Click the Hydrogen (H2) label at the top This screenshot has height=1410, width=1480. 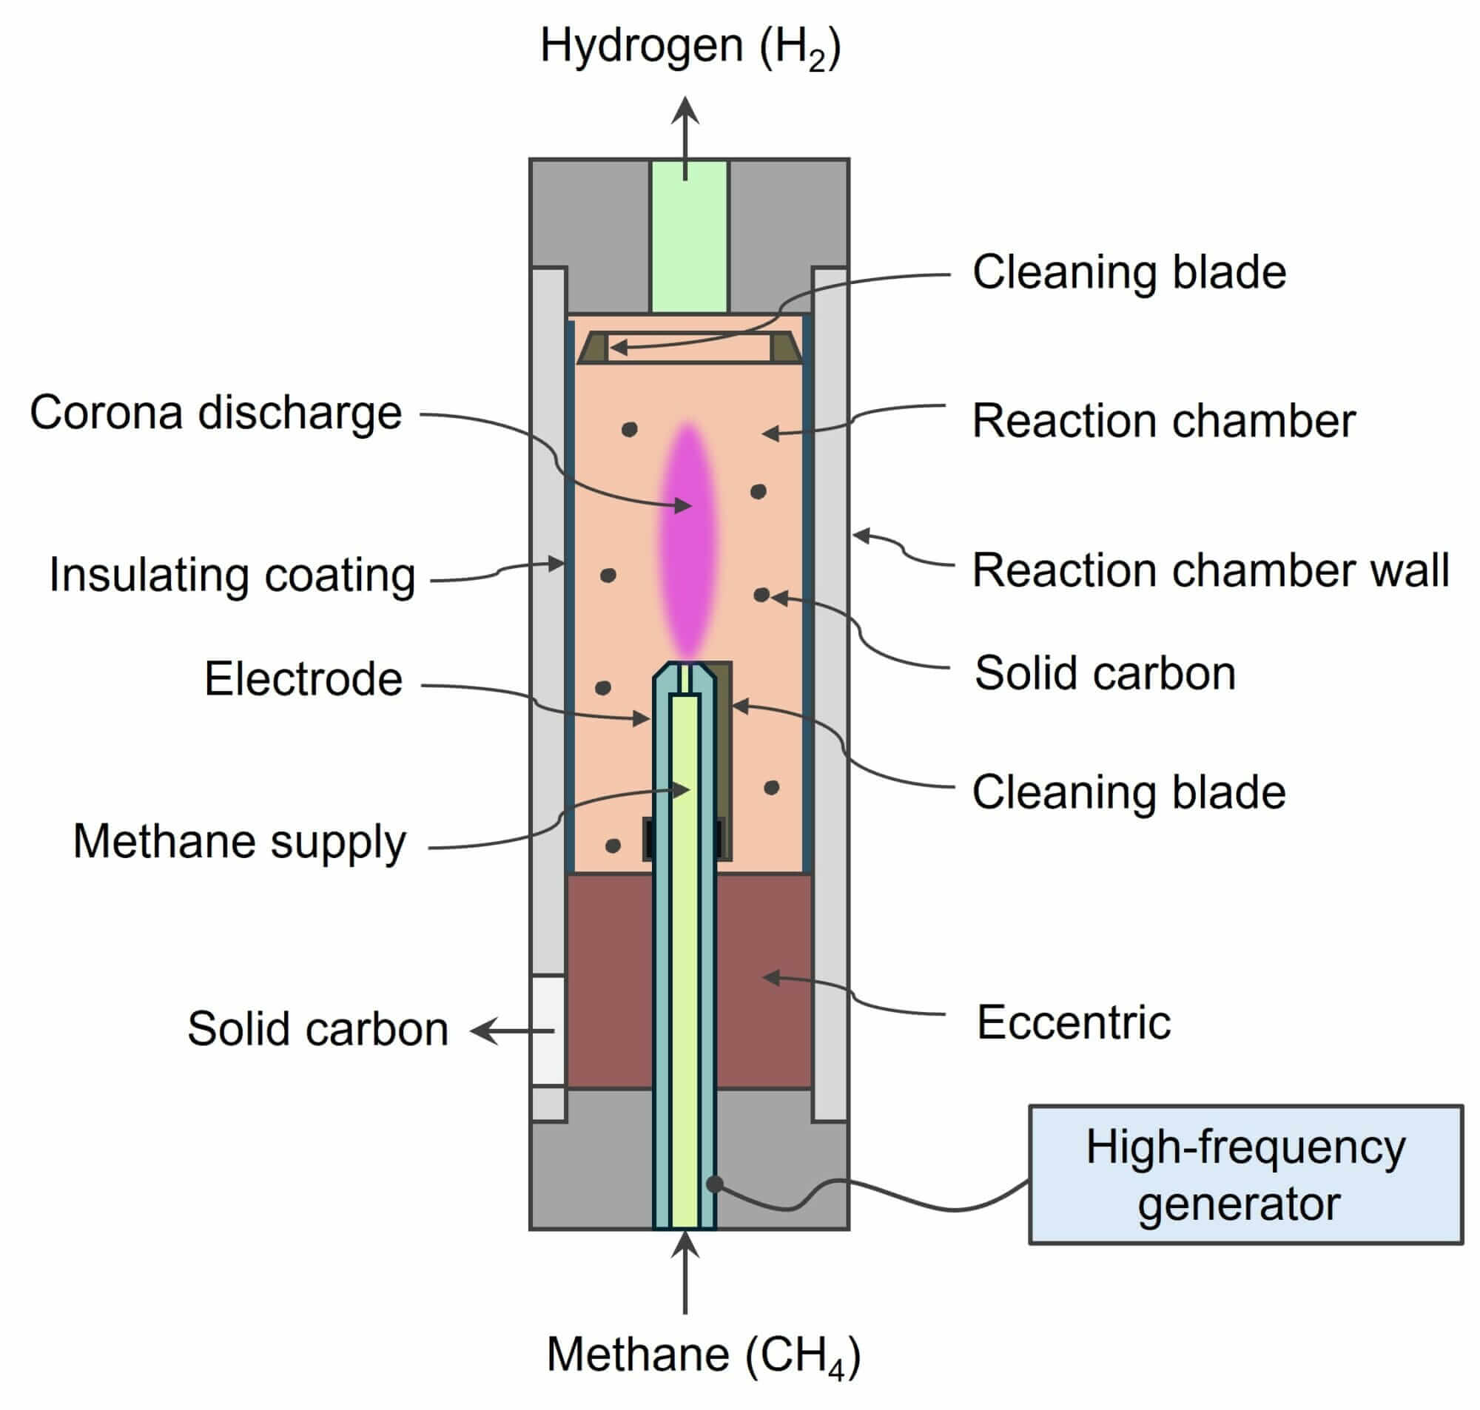(690, 47)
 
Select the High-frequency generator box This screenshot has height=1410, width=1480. (1245, 1175)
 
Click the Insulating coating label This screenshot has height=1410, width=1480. (232, 575)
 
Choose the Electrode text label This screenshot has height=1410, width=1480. (303, 678)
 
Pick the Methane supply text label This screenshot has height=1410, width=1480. (239, 841)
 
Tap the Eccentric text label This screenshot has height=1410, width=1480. (1072, 1022)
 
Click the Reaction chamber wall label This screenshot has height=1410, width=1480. (1210, 570)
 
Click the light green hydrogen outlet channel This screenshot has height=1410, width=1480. (688, 237)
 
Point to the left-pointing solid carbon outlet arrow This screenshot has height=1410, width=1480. (511, 1030)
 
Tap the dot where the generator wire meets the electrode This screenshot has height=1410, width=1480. (715, 1185)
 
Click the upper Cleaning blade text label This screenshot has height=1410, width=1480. (1129, 272)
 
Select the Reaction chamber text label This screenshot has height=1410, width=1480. (1163, 420)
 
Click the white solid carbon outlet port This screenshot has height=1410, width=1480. (548, 1030)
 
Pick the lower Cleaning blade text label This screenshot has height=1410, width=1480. (1129, 792)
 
